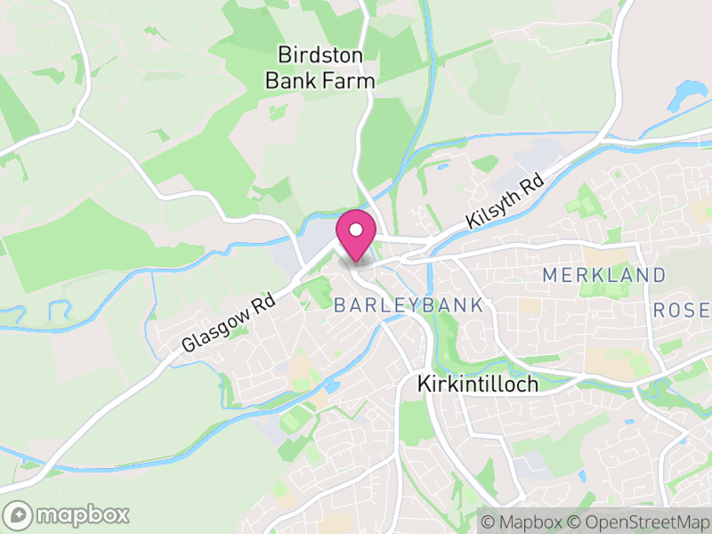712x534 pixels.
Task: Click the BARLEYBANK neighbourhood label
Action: tap(409, 305)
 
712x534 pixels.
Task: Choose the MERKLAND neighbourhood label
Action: tap(604, 275)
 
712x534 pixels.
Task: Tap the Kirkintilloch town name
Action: tap(477, 384)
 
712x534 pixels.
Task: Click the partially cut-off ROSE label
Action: tap(682, 310)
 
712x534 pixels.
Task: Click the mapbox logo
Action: tap(67, 514)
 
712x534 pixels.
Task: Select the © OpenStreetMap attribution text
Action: tap(639, 522)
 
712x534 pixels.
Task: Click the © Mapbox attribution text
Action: tap(522, 522)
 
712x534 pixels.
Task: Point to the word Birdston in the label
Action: tap(320, 55)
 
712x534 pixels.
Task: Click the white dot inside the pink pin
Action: tap(356, 230)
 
